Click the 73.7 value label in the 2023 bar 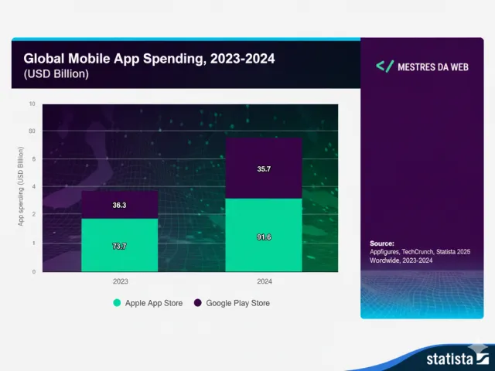(120, 246)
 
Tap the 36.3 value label (120, 206)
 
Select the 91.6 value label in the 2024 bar (264, 237)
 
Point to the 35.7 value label (264, 168)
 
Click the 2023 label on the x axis (120, 281)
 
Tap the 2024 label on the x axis (264, 281)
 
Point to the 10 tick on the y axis (32, 103)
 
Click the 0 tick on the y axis (33, 271)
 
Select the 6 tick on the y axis (33, 159)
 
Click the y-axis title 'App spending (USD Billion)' (21, 187)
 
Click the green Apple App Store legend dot (117, 303)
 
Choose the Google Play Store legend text (237, 303)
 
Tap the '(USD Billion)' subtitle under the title (56, 74)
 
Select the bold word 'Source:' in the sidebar (382, 243)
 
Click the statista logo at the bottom (452, 357)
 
